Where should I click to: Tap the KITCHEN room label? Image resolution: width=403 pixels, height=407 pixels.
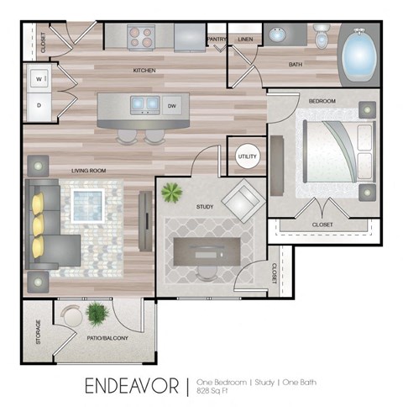coord(144,71)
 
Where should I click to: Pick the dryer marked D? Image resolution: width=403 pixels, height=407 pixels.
coord(39,105)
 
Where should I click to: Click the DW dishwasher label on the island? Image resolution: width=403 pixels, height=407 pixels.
coord(171,106)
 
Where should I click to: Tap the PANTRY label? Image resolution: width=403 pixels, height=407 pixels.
coord(216,39)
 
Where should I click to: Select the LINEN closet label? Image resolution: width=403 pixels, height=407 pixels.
coord(245,39)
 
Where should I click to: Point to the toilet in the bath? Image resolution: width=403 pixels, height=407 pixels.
coord(322,36)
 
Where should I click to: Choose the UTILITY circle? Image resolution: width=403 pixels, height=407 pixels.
coord(247,157)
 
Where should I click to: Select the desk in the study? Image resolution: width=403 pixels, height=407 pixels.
coord(207,250)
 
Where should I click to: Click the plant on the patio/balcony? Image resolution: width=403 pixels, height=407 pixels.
coord(97,314)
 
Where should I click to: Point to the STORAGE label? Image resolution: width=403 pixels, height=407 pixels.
coord(37,330)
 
